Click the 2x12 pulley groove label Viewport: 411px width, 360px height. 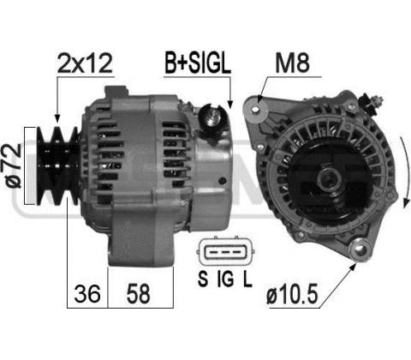[85, 63]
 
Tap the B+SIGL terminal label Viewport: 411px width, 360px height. [198, 63]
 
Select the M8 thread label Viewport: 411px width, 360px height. [292, 63]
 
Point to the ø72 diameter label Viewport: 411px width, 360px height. [15, 165]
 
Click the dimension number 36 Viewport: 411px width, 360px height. [87, 293]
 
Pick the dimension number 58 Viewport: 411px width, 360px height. [138, 293]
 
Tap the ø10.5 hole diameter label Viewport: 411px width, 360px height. [292, 295]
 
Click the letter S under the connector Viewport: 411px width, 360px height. [203, 279]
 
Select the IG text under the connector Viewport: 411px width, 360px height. [225, 279]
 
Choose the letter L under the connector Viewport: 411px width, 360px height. [247, 279]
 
